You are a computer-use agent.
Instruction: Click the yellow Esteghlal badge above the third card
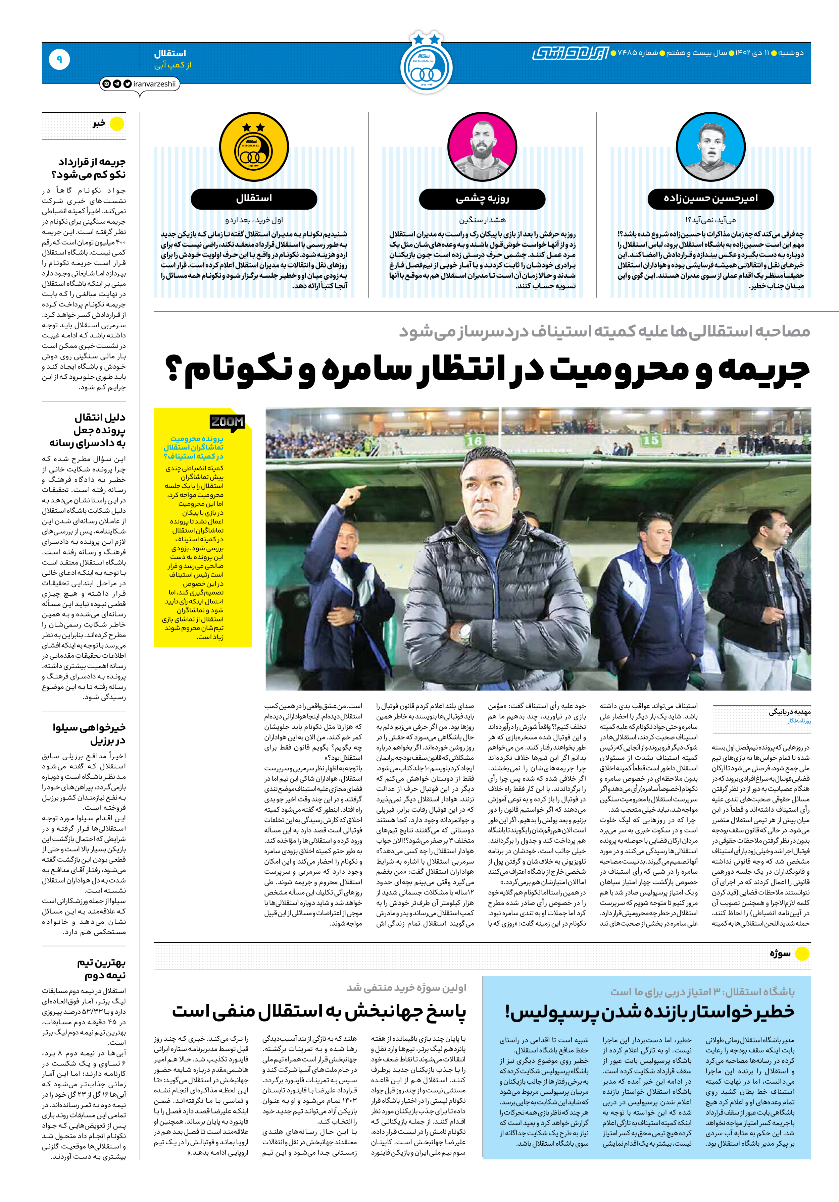[253, 148]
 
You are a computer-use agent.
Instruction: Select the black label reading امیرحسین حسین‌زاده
[710, 199]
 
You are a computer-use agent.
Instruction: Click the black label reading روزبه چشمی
[482, 199]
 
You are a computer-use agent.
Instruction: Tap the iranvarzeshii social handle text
[154, 84]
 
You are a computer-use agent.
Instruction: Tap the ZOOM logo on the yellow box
[227, 422]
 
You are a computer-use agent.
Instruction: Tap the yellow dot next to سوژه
[802, 954]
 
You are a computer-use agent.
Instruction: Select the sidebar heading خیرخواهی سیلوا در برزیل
[89, 733]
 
